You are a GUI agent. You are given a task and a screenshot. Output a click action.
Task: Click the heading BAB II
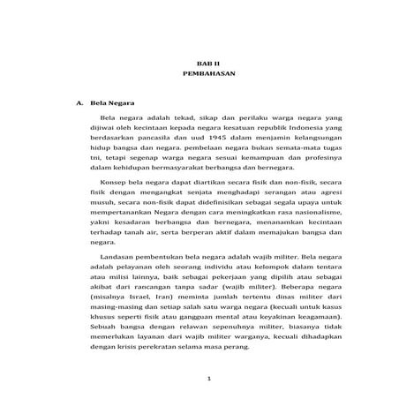pos(204,65)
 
